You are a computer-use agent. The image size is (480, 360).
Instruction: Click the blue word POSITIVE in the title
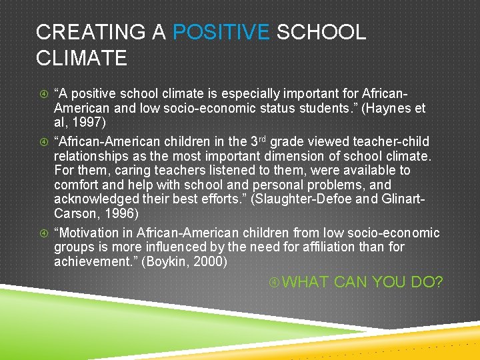point(221,32)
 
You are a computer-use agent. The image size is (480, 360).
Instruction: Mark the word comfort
point(75,185)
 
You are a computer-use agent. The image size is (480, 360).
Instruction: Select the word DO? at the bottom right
point(427,283)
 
